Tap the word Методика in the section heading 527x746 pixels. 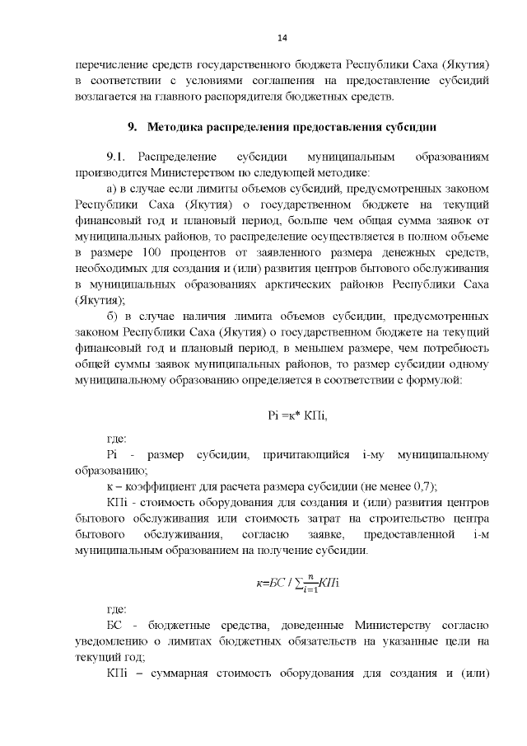[180, 127]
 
